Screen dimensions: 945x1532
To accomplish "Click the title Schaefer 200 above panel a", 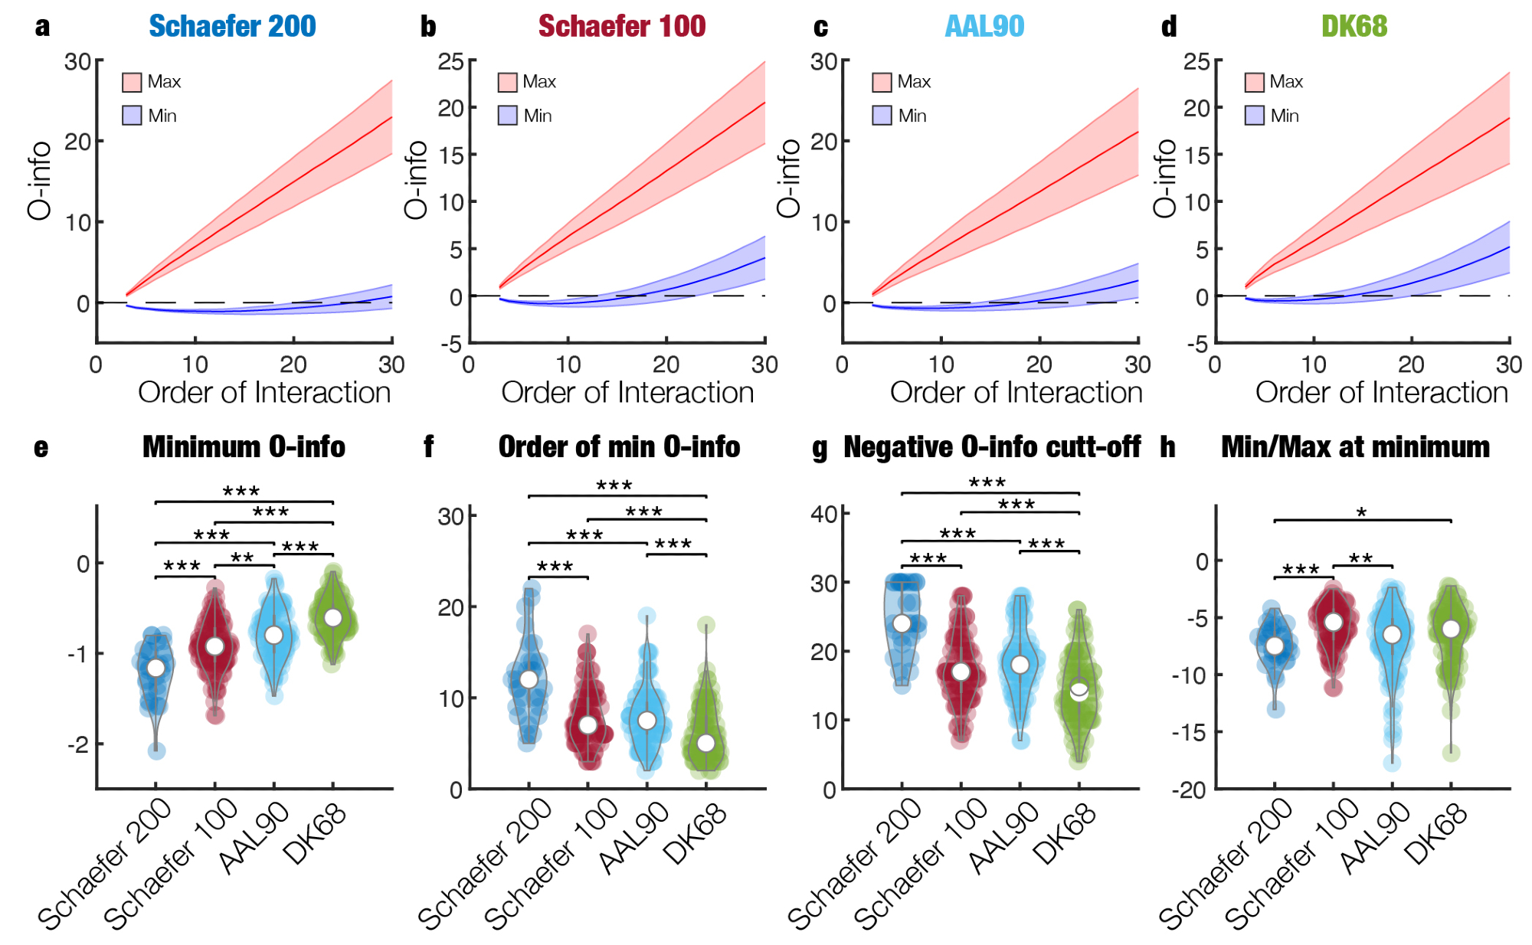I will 232,26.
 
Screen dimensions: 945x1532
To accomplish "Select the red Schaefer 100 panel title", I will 621,26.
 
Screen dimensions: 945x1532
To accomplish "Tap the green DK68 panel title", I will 1354,26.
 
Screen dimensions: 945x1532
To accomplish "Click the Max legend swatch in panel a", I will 132,82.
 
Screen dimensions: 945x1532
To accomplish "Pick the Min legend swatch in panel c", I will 882,116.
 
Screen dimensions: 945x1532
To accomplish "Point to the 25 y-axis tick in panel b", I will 450,61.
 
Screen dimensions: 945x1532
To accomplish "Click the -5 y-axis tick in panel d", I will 1196,343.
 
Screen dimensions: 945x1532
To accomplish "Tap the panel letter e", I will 41,447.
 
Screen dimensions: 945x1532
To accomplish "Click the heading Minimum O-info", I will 244,447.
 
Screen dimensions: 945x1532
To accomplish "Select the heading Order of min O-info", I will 619,447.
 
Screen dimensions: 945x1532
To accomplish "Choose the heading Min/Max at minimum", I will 1355,447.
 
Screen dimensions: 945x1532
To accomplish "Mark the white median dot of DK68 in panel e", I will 333,617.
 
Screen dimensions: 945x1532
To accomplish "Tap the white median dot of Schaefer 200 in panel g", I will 902,623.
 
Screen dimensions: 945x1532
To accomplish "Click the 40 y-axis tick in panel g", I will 824,513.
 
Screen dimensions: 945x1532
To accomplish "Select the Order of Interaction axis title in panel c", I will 1016,393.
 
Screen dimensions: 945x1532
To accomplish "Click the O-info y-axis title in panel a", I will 40,181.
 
